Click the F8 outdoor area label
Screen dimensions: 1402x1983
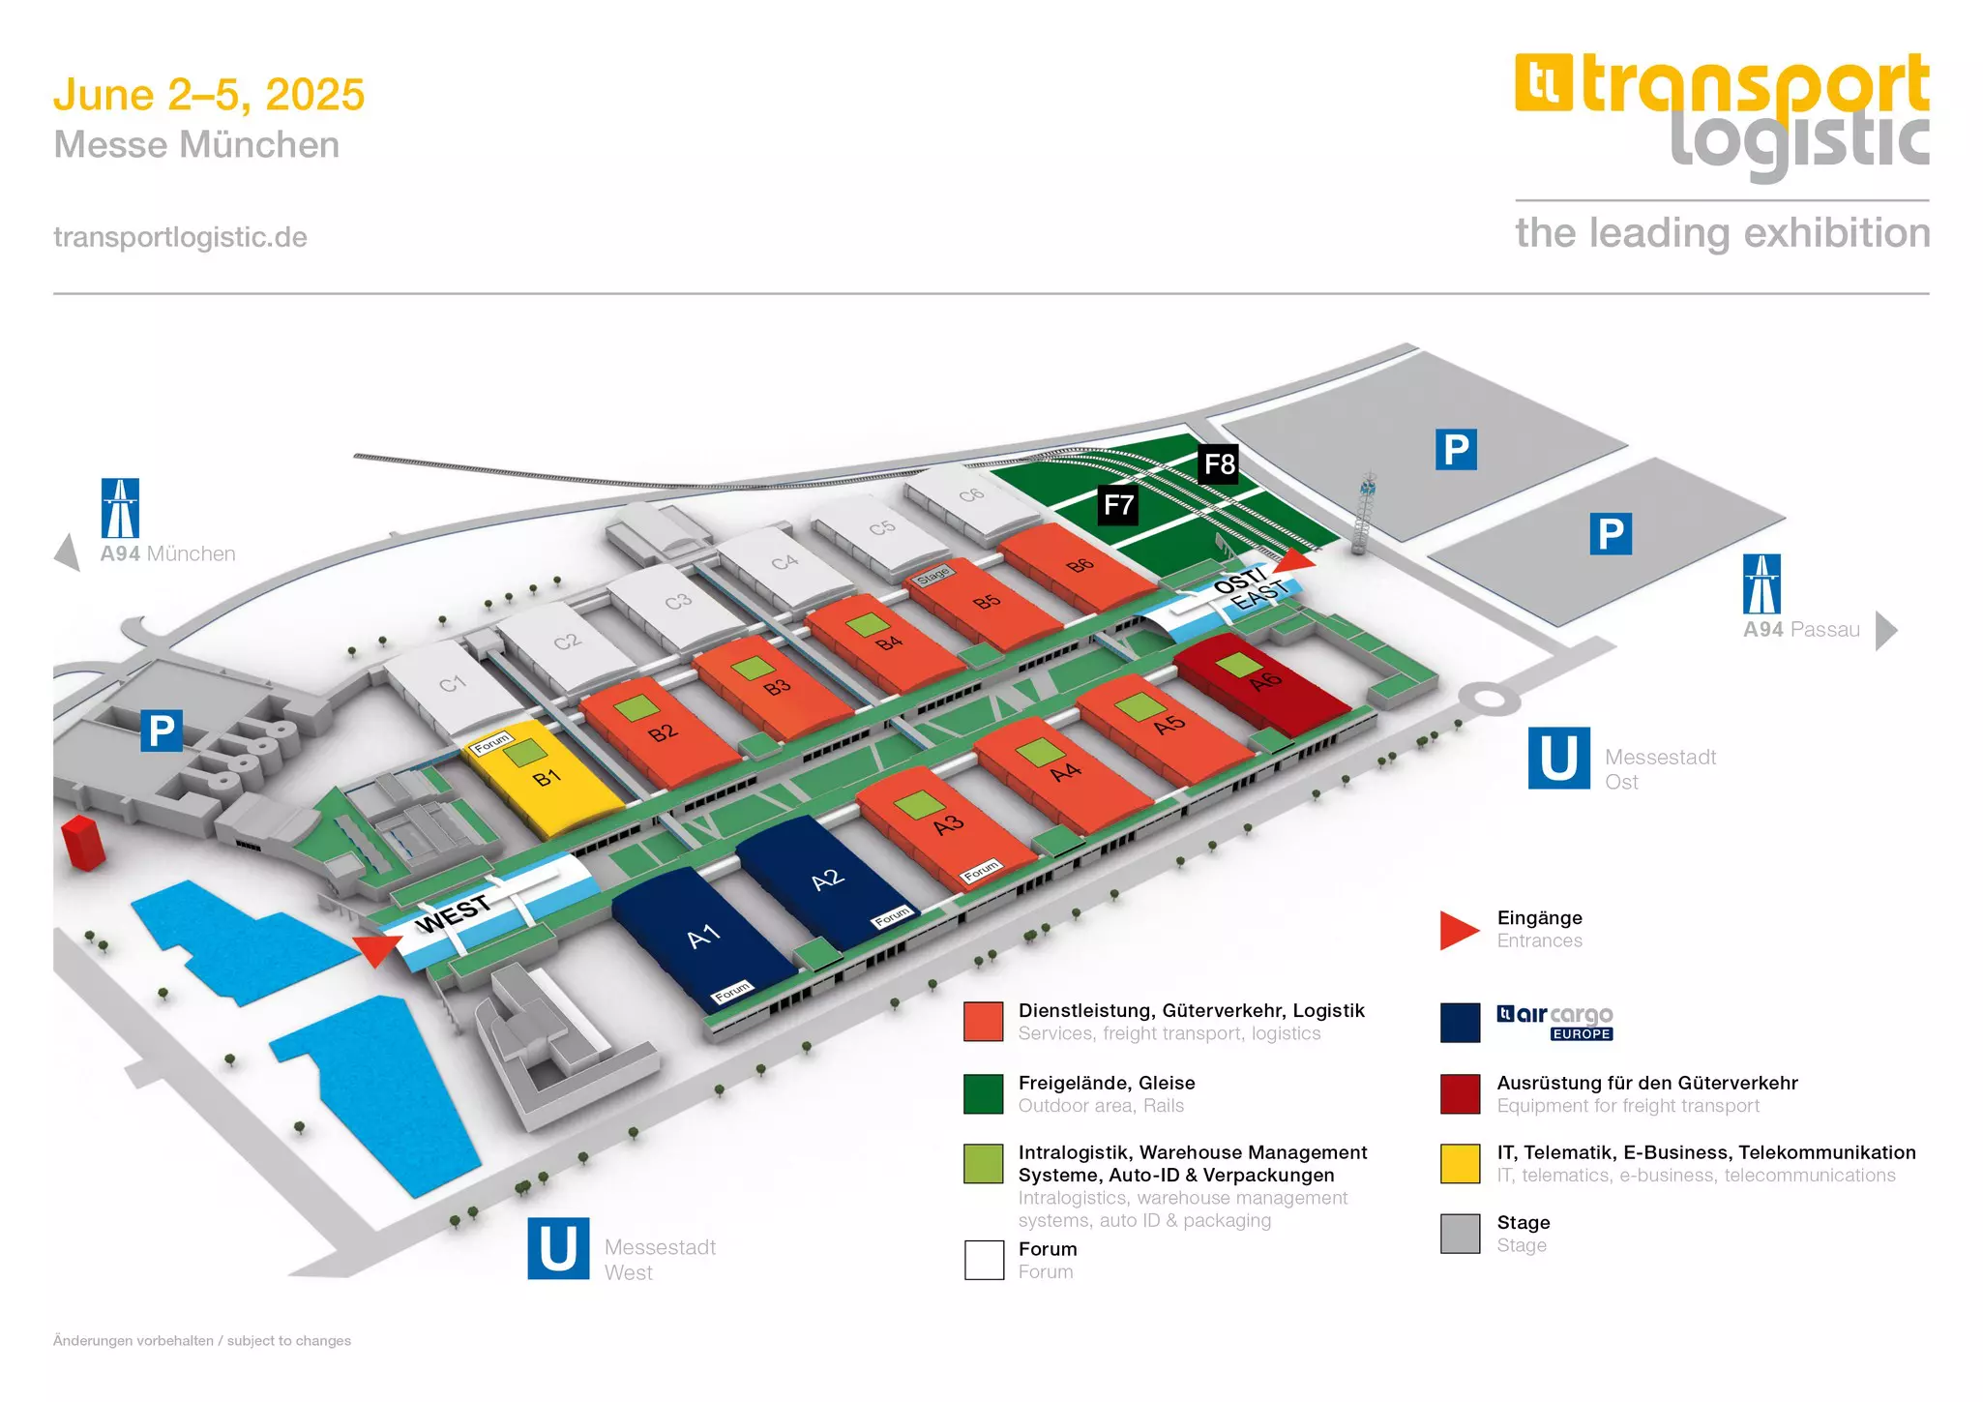[1219, 464]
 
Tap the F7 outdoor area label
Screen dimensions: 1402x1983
[1118, 504]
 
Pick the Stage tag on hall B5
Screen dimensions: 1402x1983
[933, 575]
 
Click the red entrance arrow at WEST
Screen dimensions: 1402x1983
[375, 949]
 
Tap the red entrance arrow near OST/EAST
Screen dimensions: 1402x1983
[1296, 560]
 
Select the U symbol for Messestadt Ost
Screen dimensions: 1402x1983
[1558, 759]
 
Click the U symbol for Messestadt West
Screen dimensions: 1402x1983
[558, 1248]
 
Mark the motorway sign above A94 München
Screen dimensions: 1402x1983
[120, 508]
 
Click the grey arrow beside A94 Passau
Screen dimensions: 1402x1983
[1885, 631]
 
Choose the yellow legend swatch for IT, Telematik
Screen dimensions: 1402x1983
[1460, 1163]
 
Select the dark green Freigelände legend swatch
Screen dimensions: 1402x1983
[984, 1093]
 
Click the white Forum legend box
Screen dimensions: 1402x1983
[984, 1260]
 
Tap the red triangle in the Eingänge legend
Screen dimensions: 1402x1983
[1458, 930]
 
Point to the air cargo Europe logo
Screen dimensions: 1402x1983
[1554, 1022]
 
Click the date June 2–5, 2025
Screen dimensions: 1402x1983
[209, 95]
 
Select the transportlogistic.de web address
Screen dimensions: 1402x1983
[180, 237]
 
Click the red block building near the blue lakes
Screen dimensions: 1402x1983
[83, 842]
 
